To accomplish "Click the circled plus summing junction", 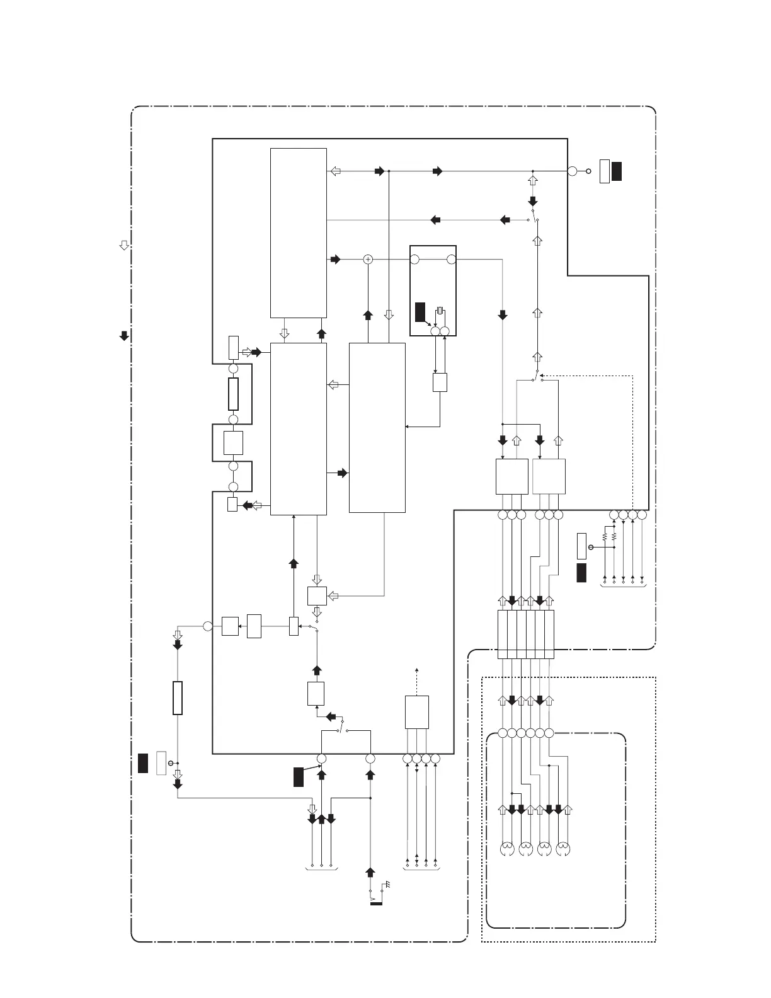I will pos(368,259).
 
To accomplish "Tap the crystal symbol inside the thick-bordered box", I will pos(440,310).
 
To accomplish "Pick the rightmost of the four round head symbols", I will pos(563,849).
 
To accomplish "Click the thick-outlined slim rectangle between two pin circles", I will pos(233,394).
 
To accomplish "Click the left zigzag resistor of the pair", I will pos(604,537).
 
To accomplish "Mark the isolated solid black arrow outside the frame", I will pos(124,336).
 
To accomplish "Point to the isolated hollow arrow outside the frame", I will pos(124,245).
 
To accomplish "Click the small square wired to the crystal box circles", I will pos(440,382).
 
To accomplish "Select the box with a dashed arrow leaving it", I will pos(417,712).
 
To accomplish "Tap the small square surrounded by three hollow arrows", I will pos(316,595).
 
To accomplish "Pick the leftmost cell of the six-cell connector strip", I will pos(502,634).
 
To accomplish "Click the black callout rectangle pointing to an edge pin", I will pos(298,777).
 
